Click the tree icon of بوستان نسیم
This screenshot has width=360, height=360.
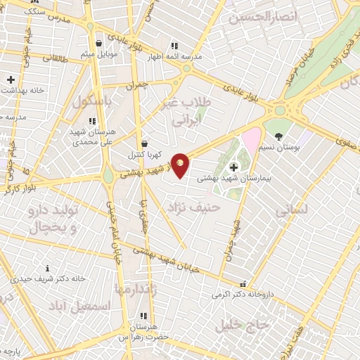pyautogui.click(x=280, y=136)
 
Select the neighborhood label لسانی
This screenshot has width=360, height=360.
pyautogui.click(x=290, y=210)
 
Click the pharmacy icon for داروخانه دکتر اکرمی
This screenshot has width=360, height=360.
pyautogui.click(x=243, y=284)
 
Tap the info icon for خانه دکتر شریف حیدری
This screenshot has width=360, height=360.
pyautogui.click(x=47, y=267)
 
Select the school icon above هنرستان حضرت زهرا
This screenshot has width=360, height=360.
pyautogui.click(x=143, y=316)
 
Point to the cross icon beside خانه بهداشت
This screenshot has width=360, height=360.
pyautogui.click(x=11, y=80)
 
